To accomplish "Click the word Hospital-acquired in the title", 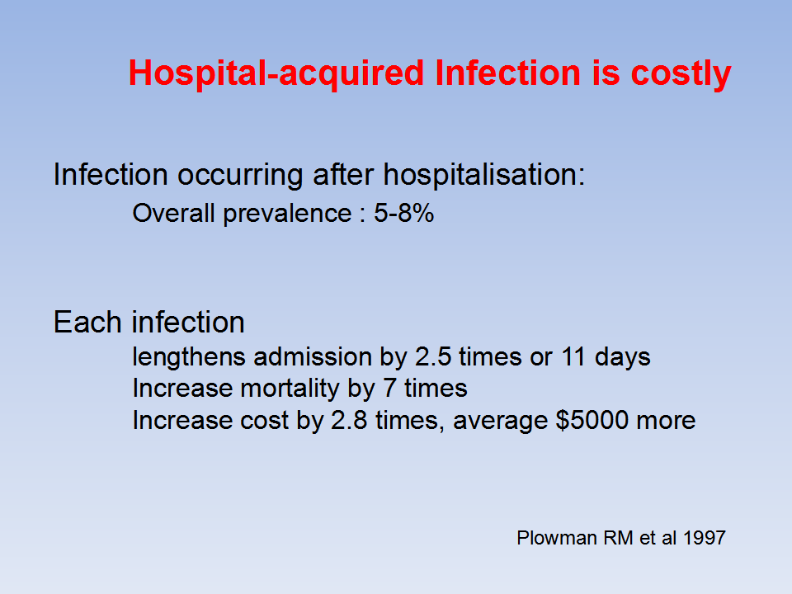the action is pyautogui.click(x=276, y=73).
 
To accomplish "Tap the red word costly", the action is pyautogui.click(x=681, y=73).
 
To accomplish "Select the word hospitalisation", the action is pyautogui.click(x=484, y=175).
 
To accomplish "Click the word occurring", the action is pyautogui.click(x=239, y=176).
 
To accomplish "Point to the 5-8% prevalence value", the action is pyautogui.click(x=403, y=213).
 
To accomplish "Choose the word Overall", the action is pyautogui.click(x=174, y=213).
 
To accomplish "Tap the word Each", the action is pyautogui.click(x=87, y=322).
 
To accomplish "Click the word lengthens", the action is pyautogui.click(x=189, y=357).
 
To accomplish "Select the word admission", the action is pyautogui.click(x=313, y=356).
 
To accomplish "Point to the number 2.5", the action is pyautogui.click(x=433, y=356).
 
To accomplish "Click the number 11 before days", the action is pyautogui.click(x=573, y=356).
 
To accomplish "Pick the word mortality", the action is pyautogui.click(x=290, y=389).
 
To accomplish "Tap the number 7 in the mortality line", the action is pyautogui.click(x=389, y=389).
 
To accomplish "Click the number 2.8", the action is pyautogui.click(x=349, y=420).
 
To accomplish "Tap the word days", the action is pyautogui.click(x=622, y=357).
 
